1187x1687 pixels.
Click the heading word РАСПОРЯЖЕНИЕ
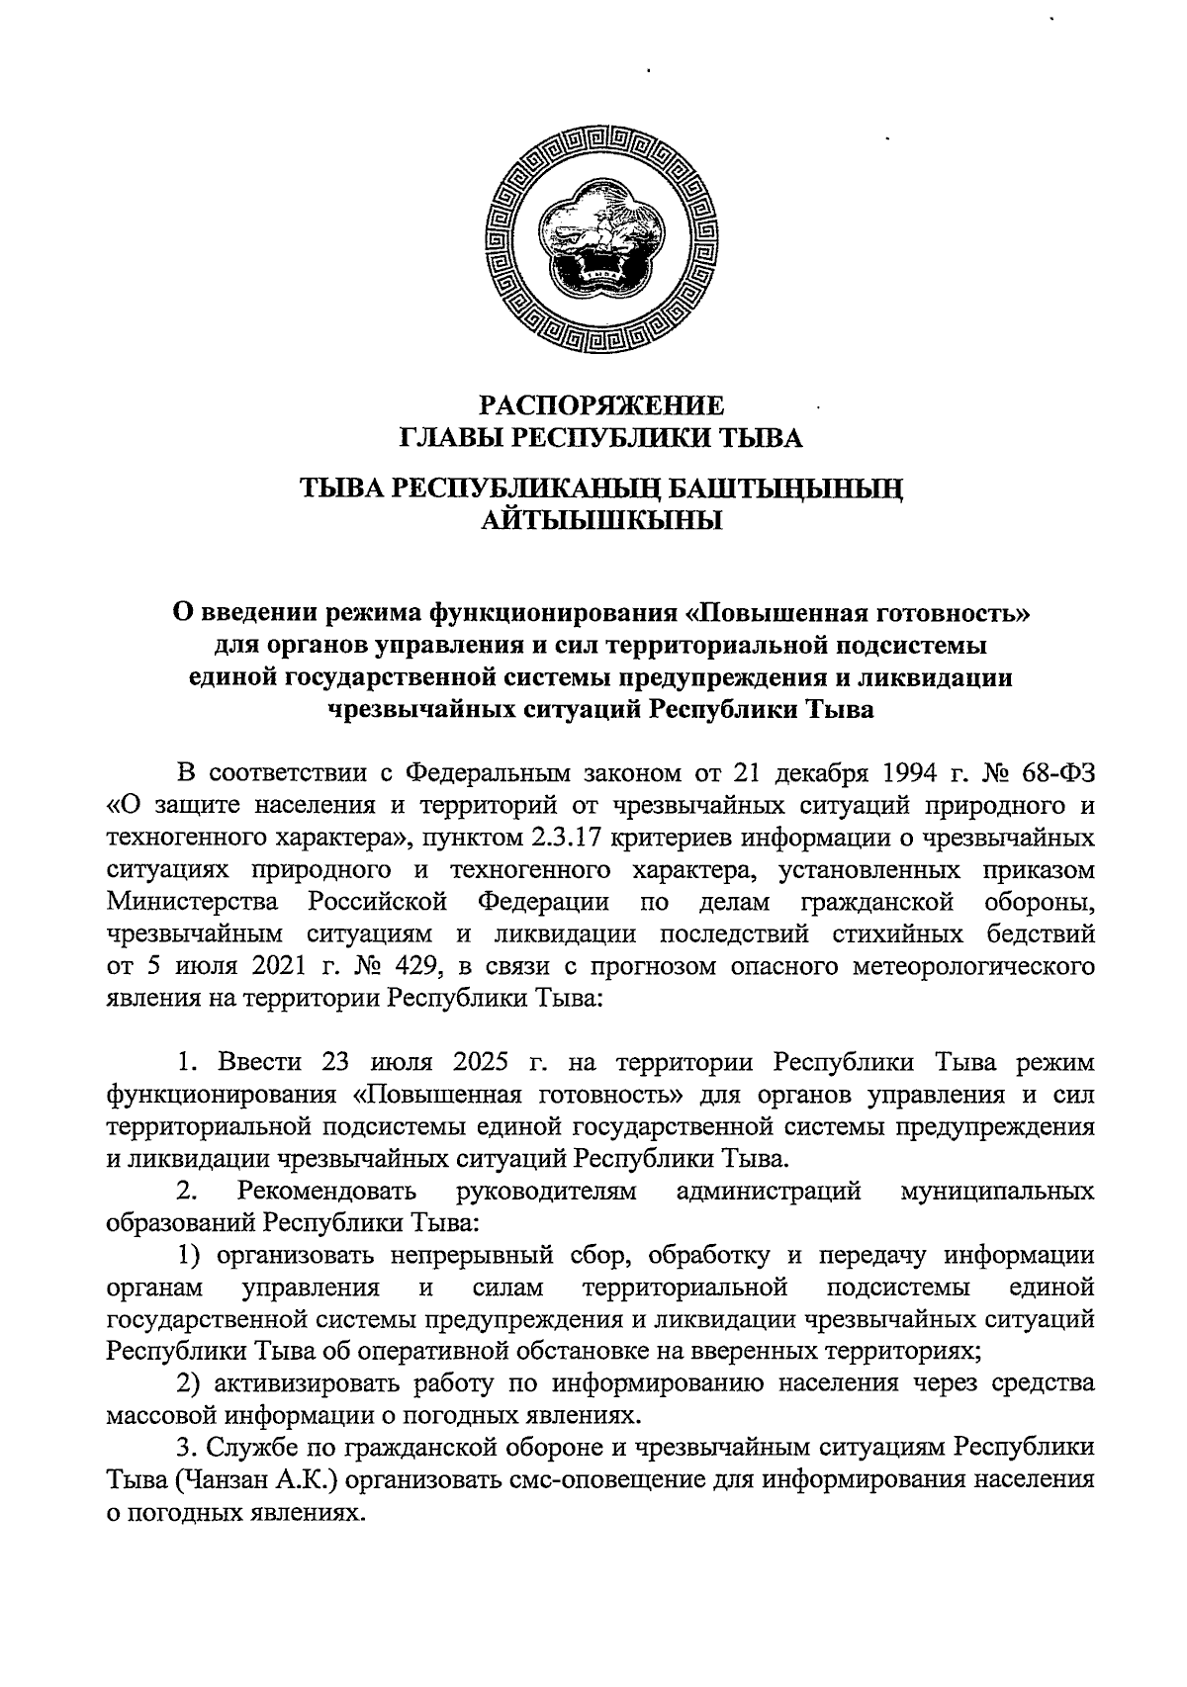(x=601, y=405)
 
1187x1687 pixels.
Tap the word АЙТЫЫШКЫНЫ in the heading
(x=601, y=520)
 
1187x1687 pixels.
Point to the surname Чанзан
(x=250, y=1481)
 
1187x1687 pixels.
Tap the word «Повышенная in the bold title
(x=776, y=613)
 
